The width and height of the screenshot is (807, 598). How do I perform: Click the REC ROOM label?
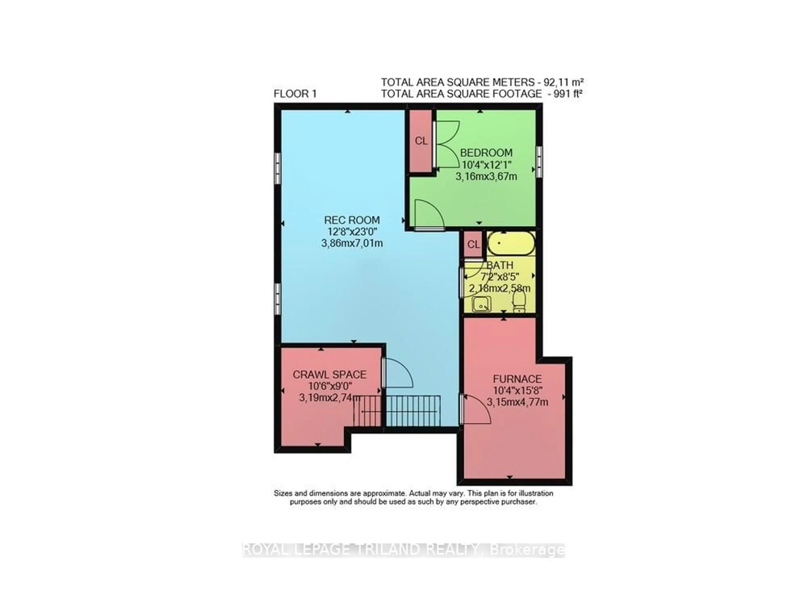[x=352, y=220]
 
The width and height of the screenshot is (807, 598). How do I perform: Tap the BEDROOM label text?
[x=486, y=153]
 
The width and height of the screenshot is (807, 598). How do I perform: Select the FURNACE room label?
[x=517, y=379]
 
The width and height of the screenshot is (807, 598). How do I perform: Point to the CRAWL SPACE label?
[x=329, y=375]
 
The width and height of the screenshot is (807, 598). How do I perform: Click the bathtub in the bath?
[x=511, y=243]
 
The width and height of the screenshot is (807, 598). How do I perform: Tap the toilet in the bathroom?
[x=519, y=301]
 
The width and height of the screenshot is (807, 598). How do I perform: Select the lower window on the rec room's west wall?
[x=278, y=299]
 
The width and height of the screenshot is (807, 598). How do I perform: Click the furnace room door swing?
[x=476, y=409]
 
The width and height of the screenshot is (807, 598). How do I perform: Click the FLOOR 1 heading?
[x=295, y=94]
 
